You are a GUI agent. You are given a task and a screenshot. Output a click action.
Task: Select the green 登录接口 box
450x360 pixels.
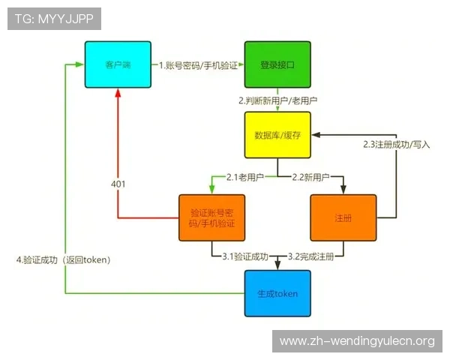(277, 64)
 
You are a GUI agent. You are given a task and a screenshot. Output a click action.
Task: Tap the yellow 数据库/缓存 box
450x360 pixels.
(277, 136)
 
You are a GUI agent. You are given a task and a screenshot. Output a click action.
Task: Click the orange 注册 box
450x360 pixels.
(343, 217)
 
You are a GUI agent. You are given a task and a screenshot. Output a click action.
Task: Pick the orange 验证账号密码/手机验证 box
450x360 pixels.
(212, 217)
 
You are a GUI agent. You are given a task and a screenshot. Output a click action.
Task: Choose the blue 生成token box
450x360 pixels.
(277, 293)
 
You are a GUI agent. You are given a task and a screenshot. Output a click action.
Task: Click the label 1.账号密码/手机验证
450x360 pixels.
(197, 65)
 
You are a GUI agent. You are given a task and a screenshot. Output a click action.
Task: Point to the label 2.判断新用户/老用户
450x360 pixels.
(277, 100)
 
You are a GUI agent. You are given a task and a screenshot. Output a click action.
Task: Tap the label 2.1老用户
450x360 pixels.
(242, 177)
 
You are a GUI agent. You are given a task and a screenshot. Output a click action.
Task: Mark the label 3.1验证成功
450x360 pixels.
(245, 256)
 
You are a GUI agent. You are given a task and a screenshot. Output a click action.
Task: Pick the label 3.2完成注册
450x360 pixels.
(311, 256)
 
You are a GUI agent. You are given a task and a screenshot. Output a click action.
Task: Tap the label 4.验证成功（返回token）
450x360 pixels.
(63, 260)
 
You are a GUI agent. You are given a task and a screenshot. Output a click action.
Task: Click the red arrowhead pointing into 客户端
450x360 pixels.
(118, 93)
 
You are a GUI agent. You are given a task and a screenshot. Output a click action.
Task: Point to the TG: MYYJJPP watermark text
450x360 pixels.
(54, 19)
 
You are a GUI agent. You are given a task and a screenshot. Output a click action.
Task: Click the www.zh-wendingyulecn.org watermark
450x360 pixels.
(357, 341)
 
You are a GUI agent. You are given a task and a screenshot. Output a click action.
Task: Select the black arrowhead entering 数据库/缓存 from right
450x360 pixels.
(318, 136)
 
